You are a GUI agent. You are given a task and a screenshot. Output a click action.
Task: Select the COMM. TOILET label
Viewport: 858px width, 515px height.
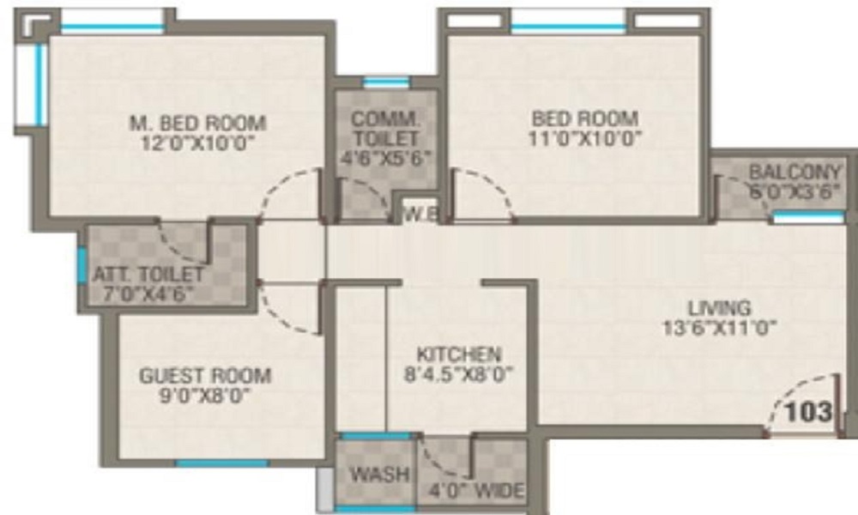pos(386,127)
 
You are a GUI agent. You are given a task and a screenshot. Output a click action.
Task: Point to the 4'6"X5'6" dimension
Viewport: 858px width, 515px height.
pos(386,159)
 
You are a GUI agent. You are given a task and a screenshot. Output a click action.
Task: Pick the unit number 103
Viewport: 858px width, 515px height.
pos(809,411)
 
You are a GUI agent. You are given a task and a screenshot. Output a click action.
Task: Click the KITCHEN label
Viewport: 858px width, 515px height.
pos(458,354)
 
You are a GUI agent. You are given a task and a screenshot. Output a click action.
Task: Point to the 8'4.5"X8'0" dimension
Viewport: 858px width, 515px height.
pos(458,374)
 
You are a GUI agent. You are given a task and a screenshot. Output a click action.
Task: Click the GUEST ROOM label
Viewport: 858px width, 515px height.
pos(205,375)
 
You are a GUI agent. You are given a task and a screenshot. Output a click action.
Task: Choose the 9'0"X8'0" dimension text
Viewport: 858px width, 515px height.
pos(205,396)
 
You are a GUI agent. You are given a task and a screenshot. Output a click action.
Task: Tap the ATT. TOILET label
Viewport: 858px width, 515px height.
pos(148,275)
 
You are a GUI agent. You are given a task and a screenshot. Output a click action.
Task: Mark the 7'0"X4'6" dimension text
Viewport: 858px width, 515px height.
pos(148,294)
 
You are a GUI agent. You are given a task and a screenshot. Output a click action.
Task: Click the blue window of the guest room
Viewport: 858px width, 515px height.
pos(222,463)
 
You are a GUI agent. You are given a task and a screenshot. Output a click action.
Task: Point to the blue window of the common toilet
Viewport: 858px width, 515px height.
pos(374,83)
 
